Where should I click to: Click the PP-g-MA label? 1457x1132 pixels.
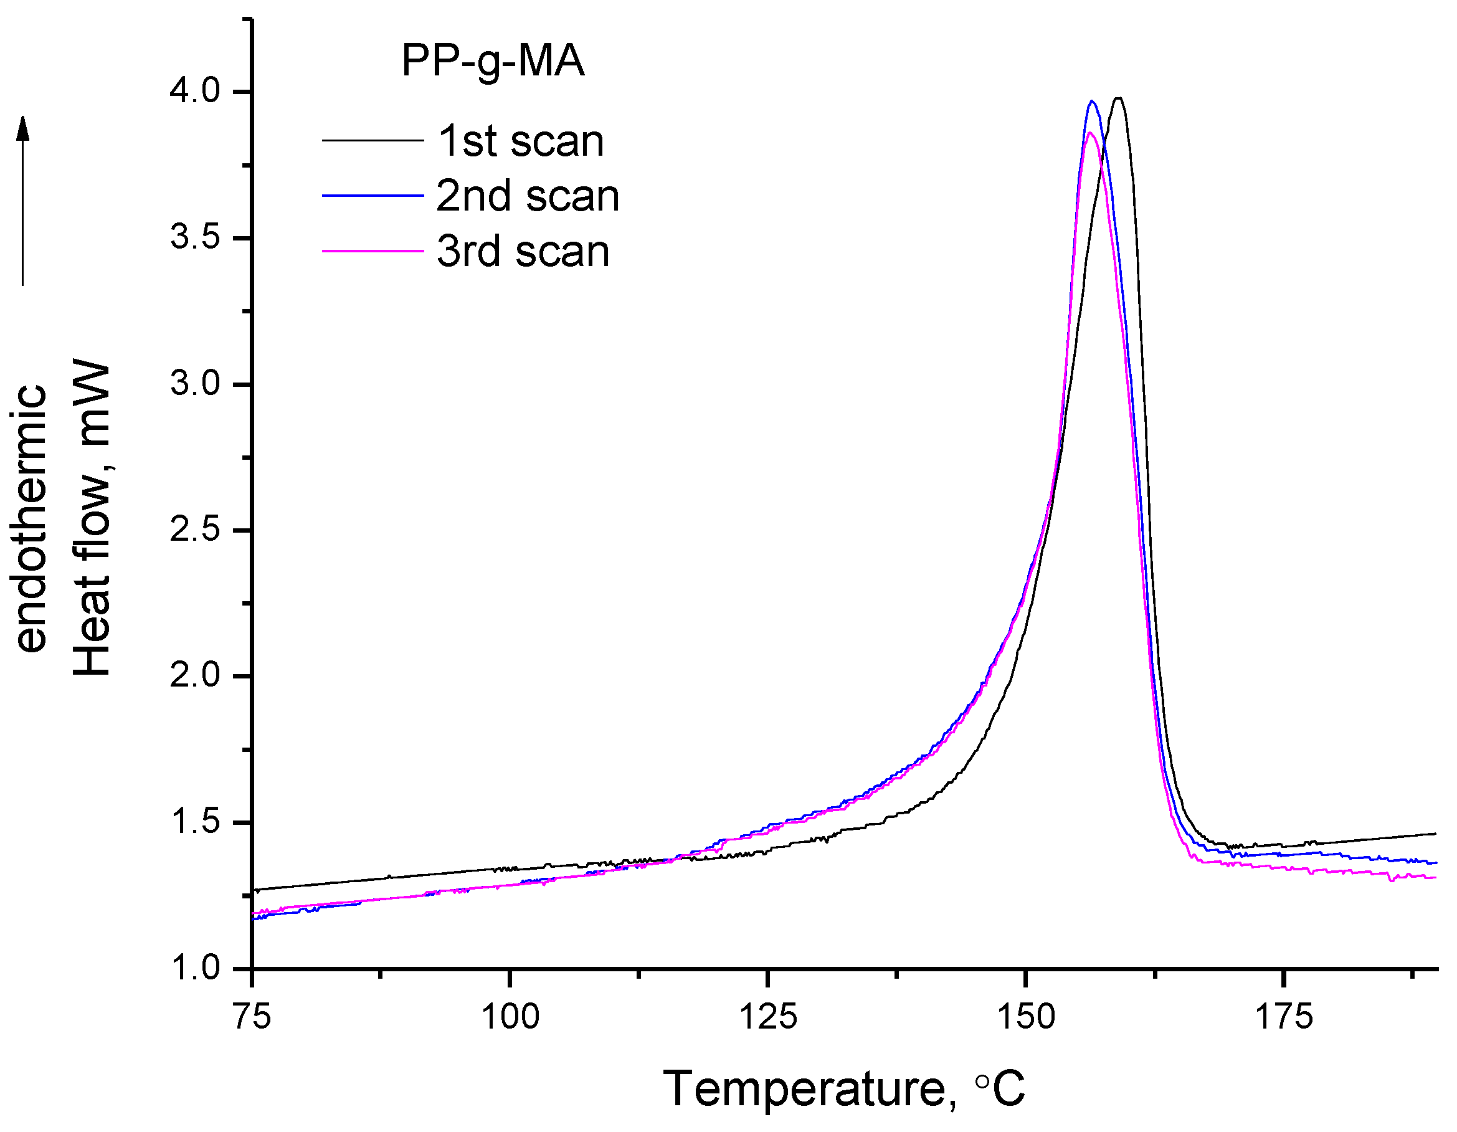coord(492,62)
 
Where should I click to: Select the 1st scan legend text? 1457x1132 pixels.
coord(520,141)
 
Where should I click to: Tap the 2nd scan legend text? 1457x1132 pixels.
coord(528,196)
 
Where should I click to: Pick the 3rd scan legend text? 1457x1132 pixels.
coord(523,252)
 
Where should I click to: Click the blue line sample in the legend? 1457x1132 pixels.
coord(373,196)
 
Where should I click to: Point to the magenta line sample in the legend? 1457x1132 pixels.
coord(373,251)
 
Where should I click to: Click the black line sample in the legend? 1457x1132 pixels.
coord(373,140)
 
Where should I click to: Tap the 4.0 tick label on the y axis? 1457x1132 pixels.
coord(195,92)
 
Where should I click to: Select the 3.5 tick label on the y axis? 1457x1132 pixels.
coord(195,237)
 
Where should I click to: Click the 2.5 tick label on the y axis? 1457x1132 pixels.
coord(195,530)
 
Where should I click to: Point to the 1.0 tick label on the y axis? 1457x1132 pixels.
coord(195,968)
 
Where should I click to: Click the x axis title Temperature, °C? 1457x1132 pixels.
coord(843,1088)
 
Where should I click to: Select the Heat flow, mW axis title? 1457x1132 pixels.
coord(92,518)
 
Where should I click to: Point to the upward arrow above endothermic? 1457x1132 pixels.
coord(23,200)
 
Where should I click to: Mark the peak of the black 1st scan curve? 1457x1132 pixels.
coord(1119,98)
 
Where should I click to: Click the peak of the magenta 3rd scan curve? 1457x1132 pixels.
coord(1090,133)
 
